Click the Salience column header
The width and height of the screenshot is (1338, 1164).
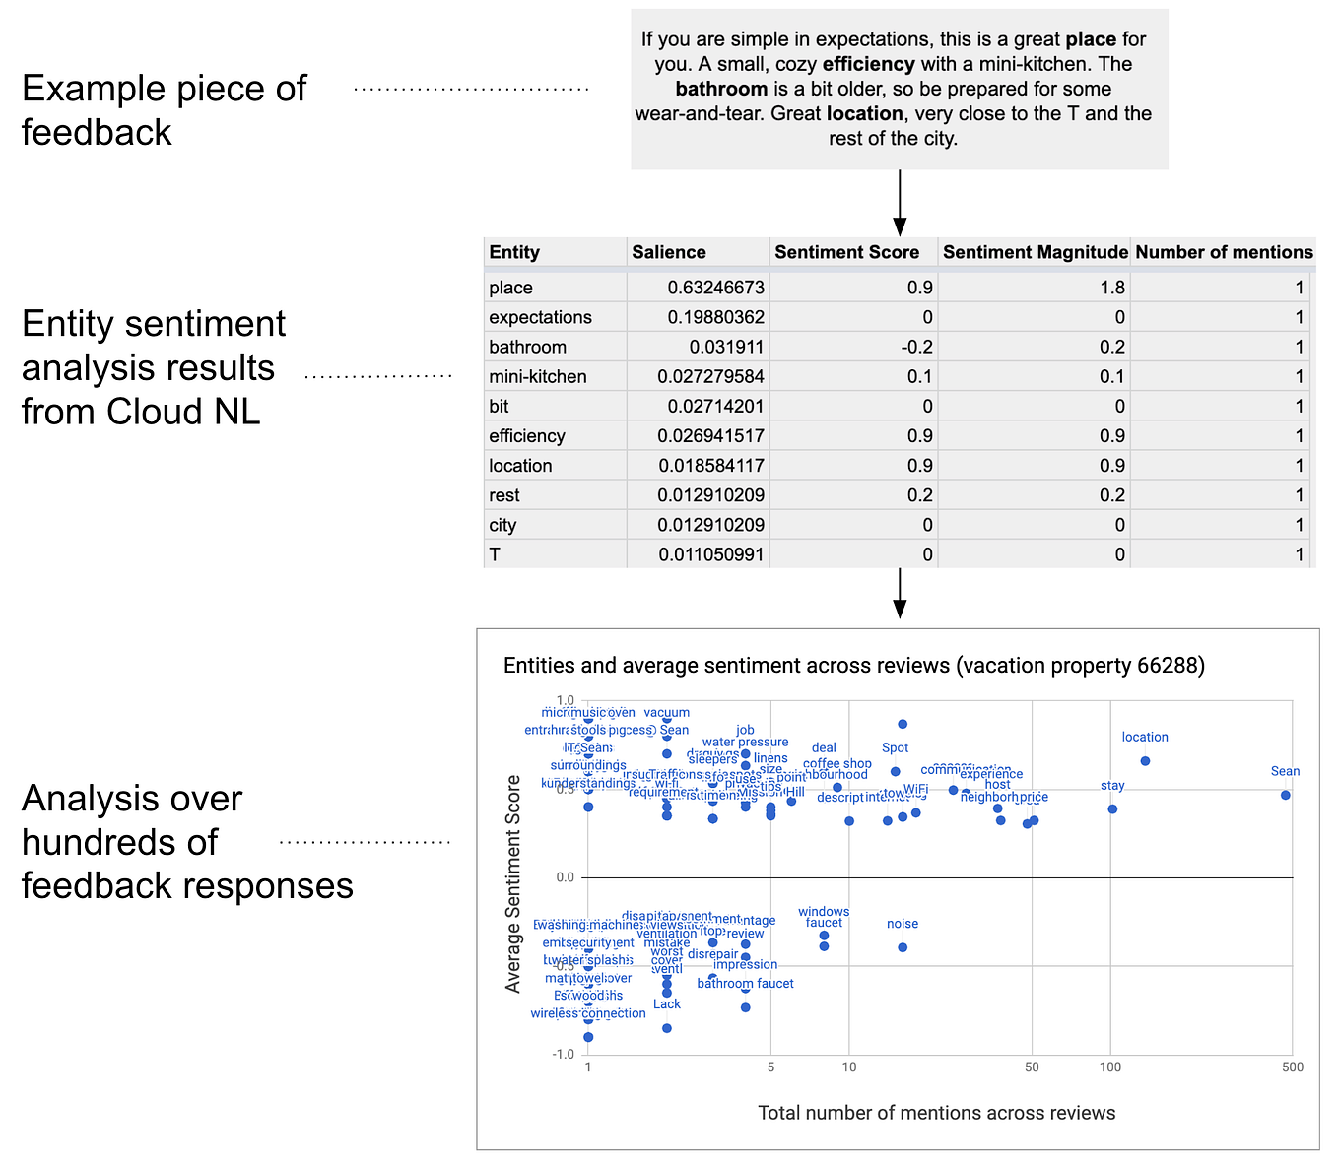669,252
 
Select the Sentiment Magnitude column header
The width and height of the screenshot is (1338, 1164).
1035,252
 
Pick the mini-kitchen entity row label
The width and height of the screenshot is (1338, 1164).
537,376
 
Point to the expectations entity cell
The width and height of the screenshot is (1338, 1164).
540,317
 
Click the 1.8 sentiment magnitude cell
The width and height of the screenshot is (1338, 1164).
1113,288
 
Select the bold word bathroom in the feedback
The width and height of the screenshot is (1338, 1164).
721,89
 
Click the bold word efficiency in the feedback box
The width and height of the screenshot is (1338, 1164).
869,64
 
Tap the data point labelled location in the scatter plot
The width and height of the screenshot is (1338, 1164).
1145,761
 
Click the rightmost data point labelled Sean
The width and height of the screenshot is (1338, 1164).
1285,795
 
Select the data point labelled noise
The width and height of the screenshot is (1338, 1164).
903,947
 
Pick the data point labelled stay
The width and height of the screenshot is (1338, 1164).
1112,809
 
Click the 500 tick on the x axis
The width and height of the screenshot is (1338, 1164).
1293,1067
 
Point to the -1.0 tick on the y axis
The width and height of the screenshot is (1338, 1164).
563,1055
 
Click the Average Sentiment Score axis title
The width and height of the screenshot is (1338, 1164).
513,883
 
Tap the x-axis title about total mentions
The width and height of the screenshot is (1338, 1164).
936,1113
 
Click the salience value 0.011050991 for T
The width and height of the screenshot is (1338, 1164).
711,554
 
